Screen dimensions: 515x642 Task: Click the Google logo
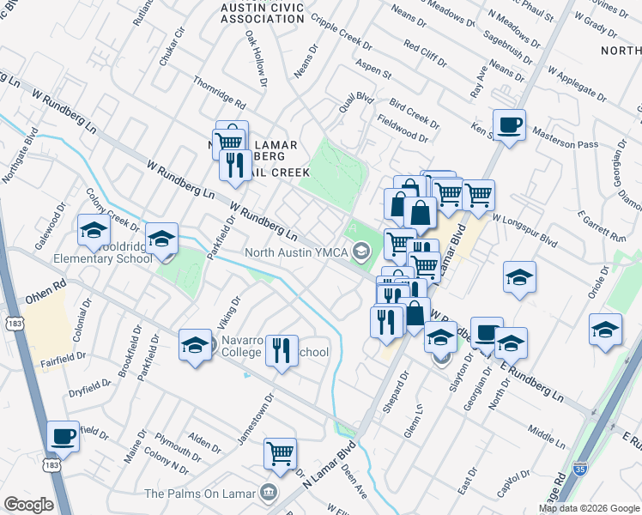pyautogui.click(x=29, y=505)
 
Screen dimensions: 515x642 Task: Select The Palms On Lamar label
pyautogui.click(x=201, y=493)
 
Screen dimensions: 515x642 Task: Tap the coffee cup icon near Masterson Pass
pyautogui.click(x=509, y=125)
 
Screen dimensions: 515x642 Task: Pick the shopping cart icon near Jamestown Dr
pyautogui.click(x=281, y=453)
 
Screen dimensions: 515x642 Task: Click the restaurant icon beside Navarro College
pyautogui.click(x=282, y=351)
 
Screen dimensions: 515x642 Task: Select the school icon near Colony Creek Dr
pyautogui.click(x=94, y=230)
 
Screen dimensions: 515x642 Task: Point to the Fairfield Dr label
pyautogui.click(x=64, y=356)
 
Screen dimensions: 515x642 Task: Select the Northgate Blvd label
pyautogui.click(x=20, y=155)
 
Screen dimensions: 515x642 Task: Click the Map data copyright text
pyautogui.click(x=589, y=508)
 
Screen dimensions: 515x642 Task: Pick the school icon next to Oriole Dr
pyautogui.click(x=605, y=330)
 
